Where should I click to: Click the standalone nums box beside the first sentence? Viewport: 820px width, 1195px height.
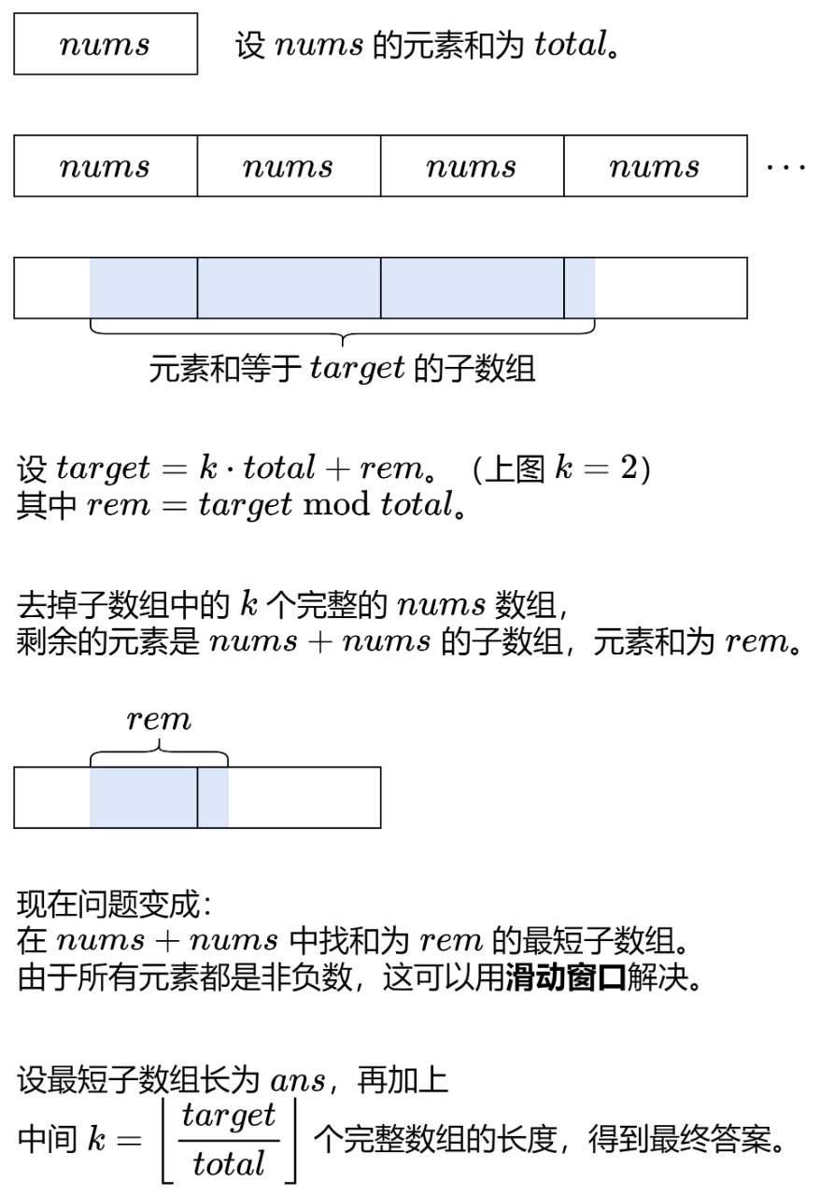[106, 44]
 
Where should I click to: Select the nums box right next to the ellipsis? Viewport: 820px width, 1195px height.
[655, 166]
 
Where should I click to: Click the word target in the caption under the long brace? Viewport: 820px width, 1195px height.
[357, 370]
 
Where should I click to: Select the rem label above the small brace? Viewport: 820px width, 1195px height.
[159, 720]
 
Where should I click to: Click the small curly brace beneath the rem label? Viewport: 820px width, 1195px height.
[159, 747]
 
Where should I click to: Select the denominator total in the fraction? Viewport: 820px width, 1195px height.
[229, 1163]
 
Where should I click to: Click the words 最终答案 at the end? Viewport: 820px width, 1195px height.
[729, 1139]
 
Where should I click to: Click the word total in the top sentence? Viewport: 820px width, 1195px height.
[569, 45]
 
